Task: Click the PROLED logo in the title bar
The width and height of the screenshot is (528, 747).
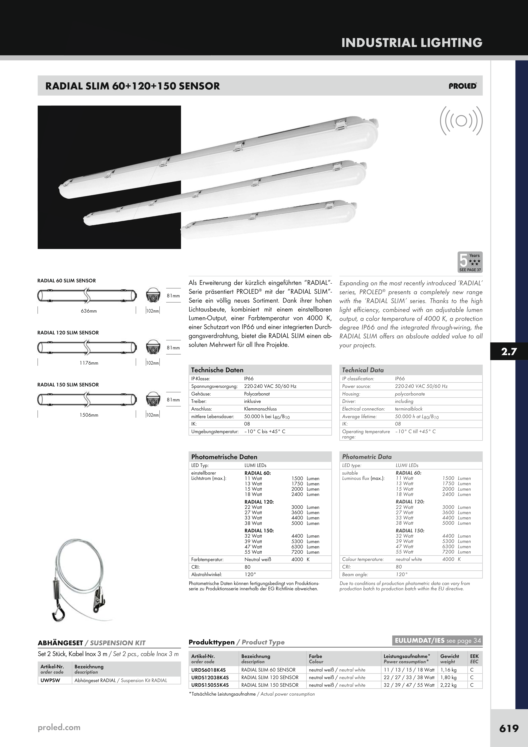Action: (463, 86)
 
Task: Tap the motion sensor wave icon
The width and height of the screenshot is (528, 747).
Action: (461, 121)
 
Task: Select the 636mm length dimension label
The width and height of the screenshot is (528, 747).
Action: (89, 311)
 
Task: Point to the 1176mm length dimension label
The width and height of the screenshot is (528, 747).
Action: (89, 363)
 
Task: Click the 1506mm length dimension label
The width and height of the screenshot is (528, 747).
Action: (89, 415)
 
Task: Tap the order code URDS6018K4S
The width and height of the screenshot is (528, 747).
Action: (208, 670)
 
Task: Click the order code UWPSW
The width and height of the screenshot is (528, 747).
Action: (50, 680)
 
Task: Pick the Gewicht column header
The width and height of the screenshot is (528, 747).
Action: (450, 656)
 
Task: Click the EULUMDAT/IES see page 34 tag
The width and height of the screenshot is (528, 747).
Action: (437, 641)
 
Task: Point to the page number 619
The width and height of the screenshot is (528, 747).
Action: (509, 728)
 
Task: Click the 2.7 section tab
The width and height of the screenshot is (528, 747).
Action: (509, 351)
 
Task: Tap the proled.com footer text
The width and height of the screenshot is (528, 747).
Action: (59, 728)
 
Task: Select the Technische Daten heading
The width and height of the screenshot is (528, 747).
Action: (217, 370)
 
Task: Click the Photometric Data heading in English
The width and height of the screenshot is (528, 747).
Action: (367, 457)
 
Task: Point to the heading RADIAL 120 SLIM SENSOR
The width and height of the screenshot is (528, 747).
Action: (68, 332)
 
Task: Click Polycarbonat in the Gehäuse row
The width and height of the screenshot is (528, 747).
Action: (257, 394)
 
